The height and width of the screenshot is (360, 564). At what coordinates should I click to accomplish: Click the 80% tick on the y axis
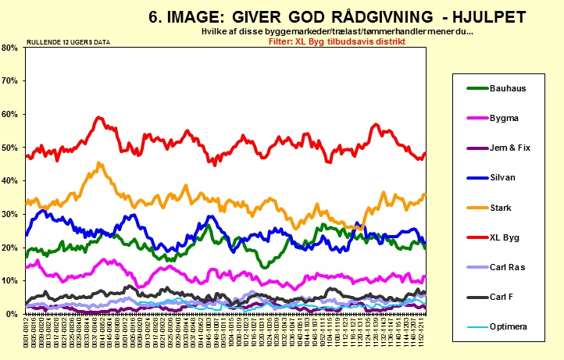tap(9, 48)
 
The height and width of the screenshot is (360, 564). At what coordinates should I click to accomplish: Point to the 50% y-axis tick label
tap(9, 148)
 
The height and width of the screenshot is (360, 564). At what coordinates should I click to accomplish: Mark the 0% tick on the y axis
tap(11, 314)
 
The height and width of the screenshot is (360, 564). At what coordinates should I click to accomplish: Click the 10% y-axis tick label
tap(9, 280)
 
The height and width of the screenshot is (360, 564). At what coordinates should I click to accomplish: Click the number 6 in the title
tap(154, 16)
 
